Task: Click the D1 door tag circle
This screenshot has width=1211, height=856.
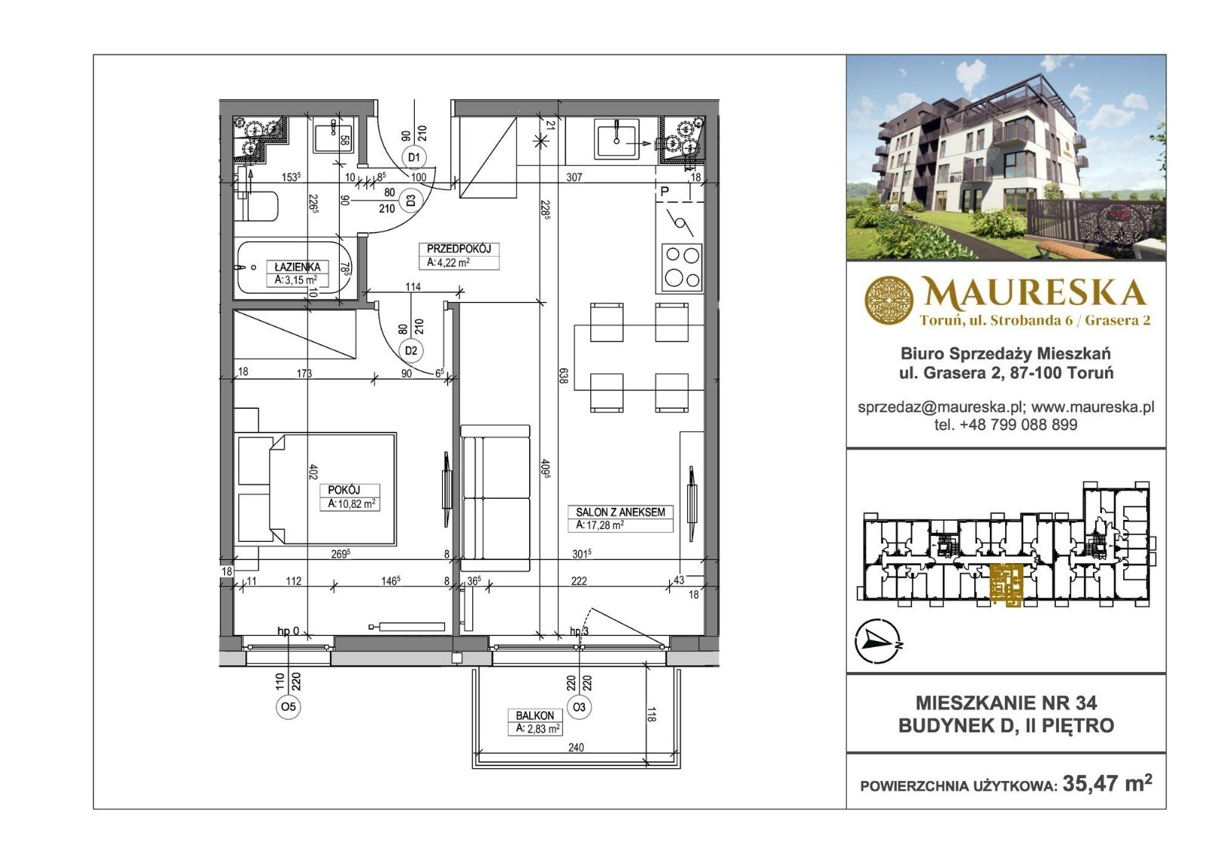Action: [x=414, y=157]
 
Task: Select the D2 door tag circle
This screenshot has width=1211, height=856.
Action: [x=411, y=350]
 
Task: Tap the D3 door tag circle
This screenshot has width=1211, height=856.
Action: [x=411, y=200]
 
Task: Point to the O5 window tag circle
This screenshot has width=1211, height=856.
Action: [x=288, y=707]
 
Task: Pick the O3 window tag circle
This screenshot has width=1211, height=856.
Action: [x=579, y=707]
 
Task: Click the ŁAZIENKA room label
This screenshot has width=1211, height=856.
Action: [x=297, y=267]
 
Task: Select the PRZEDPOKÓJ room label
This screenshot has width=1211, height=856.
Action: [x=459, y=249]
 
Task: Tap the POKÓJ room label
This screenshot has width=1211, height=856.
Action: [x=344, y=490]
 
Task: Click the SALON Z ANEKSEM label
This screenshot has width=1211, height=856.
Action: [x=620, y=512]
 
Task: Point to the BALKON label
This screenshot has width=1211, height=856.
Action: [x=534, y=715]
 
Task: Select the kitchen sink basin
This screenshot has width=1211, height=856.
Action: [x=616, y=139]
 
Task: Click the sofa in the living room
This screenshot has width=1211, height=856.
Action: [x=495, y=498]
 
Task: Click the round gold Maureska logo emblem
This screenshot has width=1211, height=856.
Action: [x=889, y=300]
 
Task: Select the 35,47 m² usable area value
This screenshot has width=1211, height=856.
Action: [x=1107, y=783]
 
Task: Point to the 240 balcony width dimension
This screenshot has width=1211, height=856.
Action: [x=576, y=747]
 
